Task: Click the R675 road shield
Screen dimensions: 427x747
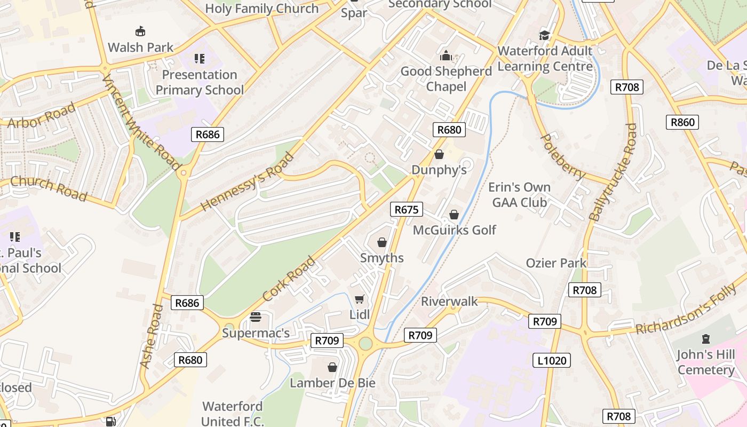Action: coord(407,209)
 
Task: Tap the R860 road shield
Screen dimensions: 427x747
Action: coord(682,122)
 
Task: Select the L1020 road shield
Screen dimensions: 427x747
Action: coord(552,360)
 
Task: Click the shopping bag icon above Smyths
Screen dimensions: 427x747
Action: coord(382,243)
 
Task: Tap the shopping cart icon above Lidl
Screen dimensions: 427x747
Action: coord(359,299)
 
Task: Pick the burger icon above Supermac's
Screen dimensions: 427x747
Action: coord(256,317)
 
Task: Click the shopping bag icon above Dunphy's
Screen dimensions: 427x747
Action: coord(439,155)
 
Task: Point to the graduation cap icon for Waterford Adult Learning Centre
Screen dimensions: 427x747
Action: coord(544,35)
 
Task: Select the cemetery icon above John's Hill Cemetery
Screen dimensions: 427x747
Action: coord(706,339)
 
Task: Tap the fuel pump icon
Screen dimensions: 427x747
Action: coord(110,422)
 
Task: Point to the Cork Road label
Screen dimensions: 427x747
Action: coord(289,278)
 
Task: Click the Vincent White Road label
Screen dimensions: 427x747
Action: coord(141,123)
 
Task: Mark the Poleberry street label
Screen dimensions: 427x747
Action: coord(563,157)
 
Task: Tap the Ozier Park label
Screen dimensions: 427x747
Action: coord(556,263)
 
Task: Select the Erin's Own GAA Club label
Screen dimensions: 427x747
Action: coord(519,195)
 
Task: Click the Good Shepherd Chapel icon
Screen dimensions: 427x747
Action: coord(446,56)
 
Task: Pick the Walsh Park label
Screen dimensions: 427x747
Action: coord(140,48)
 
